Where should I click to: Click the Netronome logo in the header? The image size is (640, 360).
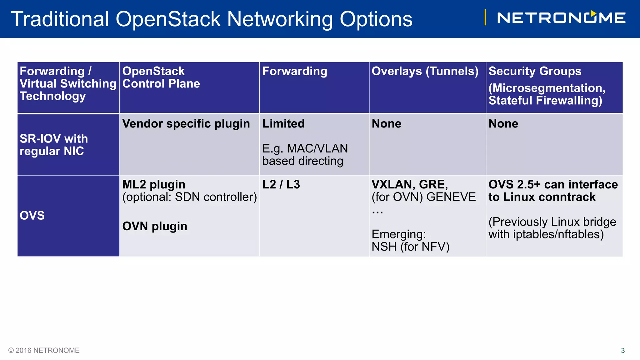[x=561, y=18]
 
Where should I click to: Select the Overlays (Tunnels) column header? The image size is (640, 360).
[x=425, y=71]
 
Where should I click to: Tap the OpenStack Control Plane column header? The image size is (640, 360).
[x=161, y=77]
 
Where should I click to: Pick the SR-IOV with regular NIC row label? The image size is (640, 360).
[x=54, y=145]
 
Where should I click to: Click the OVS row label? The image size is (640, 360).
[x=32, y=216]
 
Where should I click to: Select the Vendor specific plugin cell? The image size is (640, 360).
[x=186, y=124]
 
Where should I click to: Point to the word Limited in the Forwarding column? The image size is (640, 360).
[x=283, y=124]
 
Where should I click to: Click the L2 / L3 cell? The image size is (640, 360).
[x=281, y=185]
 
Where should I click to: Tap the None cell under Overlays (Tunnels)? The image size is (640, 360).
[x=386, y=124]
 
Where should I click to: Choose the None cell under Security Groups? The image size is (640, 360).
[x=503, y=124]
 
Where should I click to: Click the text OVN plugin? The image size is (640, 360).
[x=155, y=226]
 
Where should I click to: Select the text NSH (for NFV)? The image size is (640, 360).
[x=410, y=247]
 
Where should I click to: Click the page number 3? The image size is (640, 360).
[x=622, y=351]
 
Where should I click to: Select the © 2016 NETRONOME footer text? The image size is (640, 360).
[x=44, y=350]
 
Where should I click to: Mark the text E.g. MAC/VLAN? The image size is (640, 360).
[x=305, y=148]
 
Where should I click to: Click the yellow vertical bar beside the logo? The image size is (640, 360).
[x=485, y=17]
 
